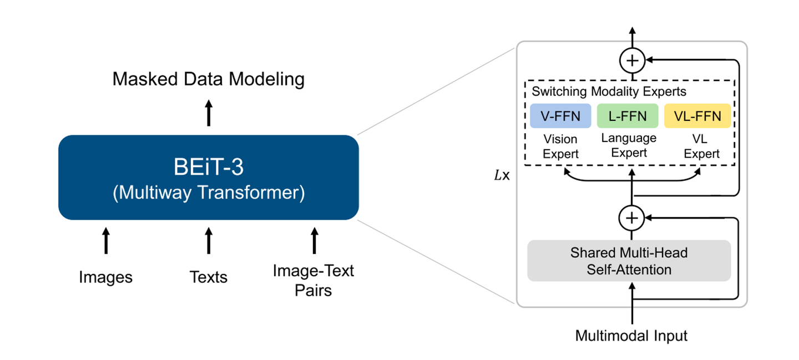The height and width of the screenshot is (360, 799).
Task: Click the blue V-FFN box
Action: coord(560,116)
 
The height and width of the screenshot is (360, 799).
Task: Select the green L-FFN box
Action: coord(628,116)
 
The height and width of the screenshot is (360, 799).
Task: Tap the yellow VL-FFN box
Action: coord(697,116)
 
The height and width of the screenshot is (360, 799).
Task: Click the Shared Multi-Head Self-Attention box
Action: coord(629,261)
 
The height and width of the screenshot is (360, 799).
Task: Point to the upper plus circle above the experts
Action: coord(633,60)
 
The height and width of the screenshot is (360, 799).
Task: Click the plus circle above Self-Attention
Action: coord(631,218)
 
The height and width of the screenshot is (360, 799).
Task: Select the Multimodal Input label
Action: coord(631,336)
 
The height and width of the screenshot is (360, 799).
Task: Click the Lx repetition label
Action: coord(502,175)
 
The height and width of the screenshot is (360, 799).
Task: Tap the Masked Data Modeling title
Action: coord(208,79)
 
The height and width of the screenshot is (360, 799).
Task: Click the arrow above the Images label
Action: coord(106,241)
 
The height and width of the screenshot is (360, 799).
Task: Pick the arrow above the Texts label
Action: coord(209,241)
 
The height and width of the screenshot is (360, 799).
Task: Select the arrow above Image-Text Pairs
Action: coord(314,241)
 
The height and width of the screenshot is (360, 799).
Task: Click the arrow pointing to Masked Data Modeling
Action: coord(209,113)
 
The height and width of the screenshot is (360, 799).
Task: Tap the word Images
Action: coord(105,277)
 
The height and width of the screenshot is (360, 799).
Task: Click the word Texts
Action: coord(208,277)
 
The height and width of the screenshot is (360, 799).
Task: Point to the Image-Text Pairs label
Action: coord(313,281)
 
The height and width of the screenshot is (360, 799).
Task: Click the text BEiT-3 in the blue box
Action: coord(208,166)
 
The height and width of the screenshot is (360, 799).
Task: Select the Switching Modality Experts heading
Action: coord(609,92)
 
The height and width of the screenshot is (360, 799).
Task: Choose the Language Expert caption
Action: coord(629,145)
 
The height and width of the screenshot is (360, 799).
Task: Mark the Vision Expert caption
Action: coord(560,146)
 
